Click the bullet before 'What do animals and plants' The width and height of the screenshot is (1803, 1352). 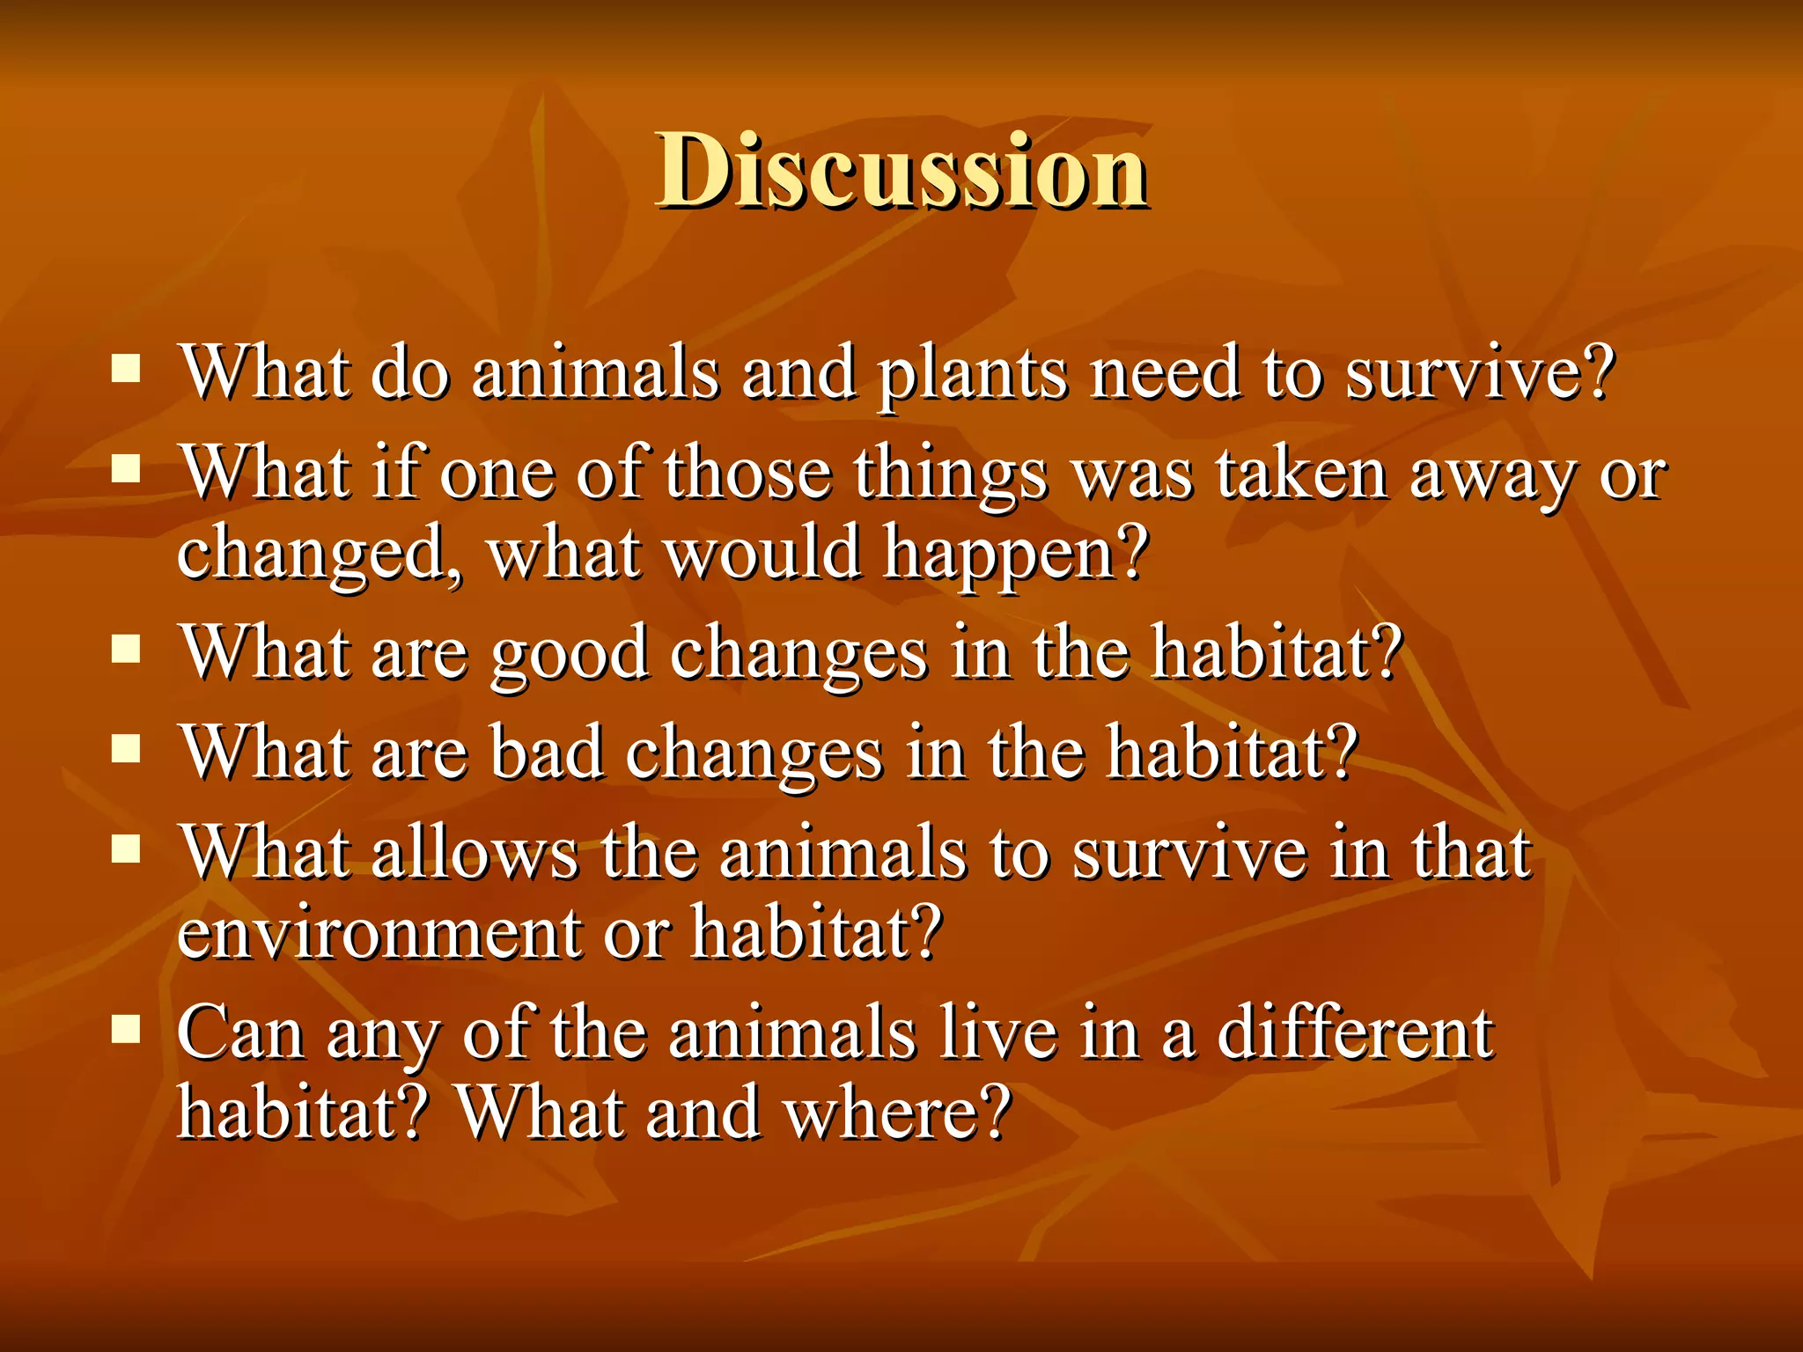pos(127,370)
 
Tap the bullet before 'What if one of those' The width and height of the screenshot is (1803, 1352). pos(127,470)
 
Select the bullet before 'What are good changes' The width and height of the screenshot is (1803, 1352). pos(127,650)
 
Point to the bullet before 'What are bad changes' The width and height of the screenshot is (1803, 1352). pos(127,749)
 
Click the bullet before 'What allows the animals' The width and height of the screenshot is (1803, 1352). pos(127,849)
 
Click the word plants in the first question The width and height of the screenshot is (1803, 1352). pos(972,375)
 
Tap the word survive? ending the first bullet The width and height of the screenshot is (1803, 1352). pos(1479,373)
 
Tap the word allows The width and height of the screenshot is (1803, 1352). pos(474,854)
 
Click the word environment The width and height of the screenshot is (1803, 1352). pos(378,933)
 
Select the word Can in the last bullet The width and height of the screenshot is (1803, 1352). pos(240,1033)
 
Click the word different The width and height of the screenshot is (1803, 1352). pos(1355,1033)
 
